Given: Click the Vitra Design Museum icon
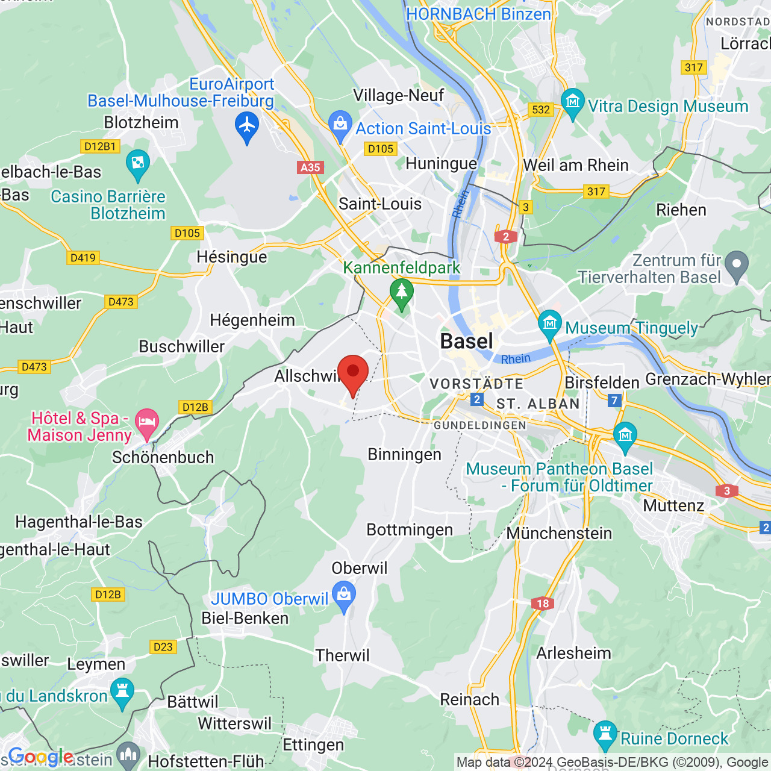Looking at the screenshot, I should (572, 103).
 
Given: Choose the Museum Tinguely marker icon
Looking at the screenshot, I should (549, 325).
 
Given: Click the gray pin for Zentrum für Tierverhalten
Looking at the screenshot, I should (736, 265).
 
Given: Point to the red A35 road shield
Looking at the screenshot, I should (310, 167).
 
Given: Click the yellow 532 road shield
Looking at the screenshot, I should (541, 109).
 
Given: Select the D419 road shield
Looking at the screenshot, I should (83, 258).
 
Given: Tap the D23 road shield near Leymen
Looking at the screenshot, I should (163, 646).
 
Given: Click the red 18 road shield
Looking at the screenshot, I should (543, 604).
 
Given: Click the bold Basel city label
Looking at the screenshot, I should (466, 342).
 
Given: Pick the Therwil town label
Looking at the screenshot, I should (342, 655).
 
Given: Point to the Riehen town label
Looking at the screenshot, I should (681, 210).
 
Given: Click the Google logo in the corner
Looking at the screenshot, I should (40, 757).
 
